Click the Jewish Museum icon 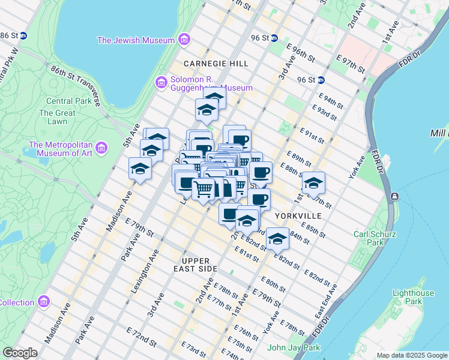[184, 40]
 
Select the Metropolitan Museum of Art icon [101, 148]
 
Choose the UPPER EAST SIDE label [196, 265]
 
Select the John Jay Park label [294, 347]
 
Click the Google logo [20, 353]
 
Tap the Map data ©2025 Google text [412, 355]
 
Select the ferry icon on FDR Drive [394, 197]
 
